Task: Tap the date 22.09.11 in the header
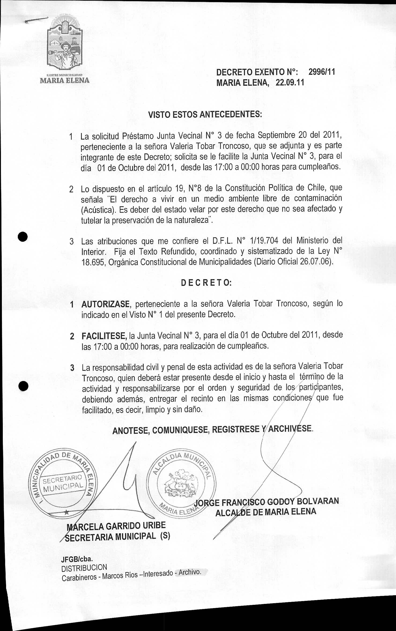pos(290,83)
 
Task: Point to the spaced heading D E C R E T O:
pos(206,283)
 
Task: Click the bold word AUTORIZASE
pos(106,304)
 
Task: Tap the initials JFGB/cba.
pos(77,559)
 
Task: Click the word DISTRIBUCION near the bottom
pos(84,567)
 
